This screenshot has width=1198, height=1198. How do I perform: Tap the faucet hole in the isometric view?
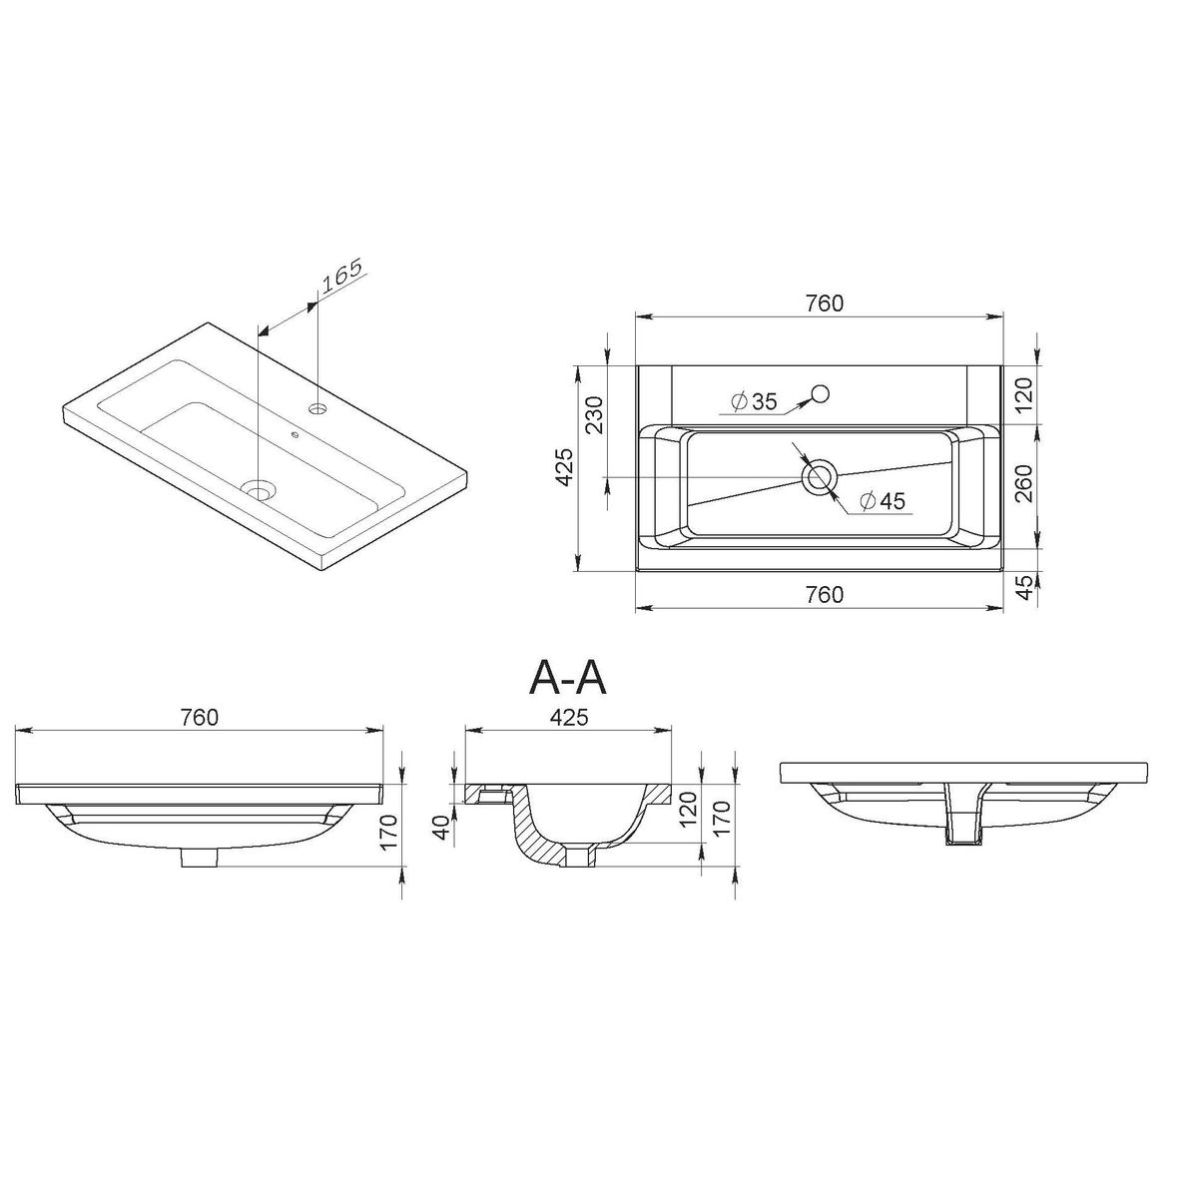click(318, 408)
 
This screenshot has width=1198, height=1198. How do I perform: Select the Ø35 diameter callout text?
click(754, 401)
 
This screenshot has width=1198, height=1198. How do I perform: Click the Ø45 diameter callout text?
click(884, 500)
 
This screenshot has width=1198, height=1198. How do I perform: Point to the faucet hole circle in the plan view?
click(822, 393)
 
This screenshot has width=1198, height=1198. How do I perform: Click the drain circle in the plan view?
click(820, 477)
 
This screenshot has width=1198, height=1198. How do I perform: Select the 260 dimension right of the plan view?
click(1025, 483)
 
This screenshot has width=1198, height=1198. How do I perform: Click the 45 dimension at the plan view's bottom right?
click(1027, 586)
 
